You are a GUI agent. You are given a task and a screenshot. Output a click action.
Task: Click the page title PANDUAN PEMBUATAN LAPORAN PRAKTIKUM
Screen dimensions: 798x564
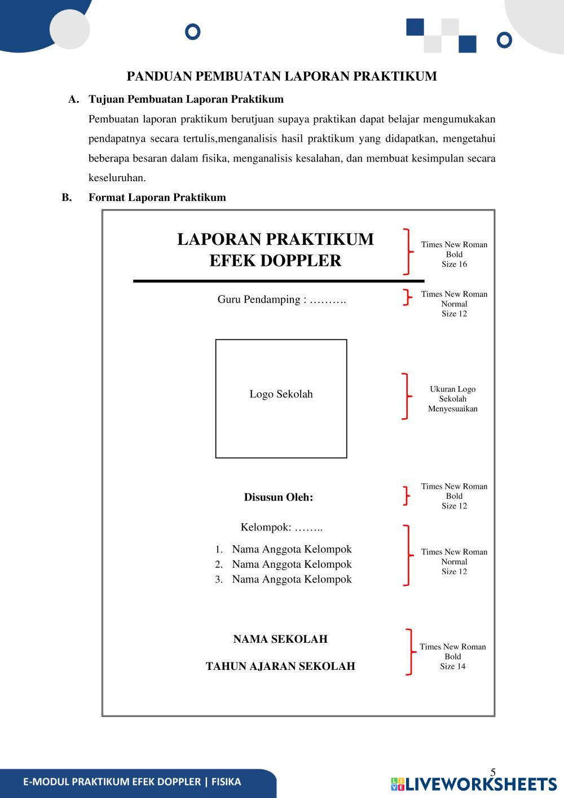281,76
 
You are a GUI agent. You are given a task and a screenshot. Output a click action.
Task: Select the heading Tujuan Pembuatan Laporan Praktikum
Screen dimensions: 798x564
186,99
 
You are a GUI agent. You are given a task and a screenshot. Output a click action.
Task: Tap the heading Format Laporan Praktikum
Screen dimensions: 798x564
157,198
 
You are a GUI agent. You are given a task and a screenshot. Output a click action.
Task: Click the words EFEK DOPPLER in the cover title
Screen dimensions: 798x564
275,261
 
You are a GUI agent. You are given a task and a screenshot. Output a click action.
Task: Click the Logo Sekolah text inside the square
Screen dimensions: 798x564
281,394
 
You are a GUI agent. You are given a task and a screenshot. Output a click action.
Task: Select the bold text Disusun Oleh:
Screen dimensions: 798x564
278,497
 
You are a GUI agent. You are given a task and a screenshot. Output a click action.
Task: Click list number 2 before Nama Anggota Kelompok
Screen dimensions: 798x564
219,564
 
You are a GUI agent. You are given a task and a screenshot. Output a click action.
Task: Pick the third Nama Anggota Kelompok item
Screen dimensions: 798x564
292,579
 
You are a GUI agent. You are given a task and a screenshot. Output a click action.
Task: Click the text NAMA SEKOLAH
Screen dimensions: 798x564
280,639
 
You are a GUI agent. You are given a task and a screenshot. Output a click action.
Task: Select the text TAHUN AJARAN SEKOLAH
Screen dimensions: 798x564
280,667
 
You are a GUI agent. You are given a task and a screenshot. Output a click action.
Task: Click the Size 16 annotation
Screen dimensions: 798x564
454,264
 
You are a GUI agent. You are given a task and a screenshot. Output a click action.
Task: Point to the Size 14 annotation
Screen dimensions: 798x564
453,667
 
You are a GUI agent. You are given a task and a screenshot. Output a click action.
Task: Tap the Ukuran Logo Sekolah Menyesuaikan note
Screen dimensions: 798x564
452,399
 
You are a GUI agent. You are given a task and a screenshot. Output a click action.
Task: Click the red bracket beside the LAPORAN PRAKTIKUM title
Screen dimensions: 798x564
407,252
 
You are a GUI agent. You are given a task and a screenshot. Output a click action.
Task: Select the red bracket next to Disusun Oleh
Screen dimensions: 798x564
406,496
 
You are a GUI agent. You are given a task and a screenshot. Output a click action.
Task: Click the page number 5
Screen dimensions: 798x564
493,773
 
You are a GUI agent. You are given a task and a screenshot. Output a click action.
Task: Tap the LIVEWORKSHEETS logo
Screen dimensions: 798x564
474,784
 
